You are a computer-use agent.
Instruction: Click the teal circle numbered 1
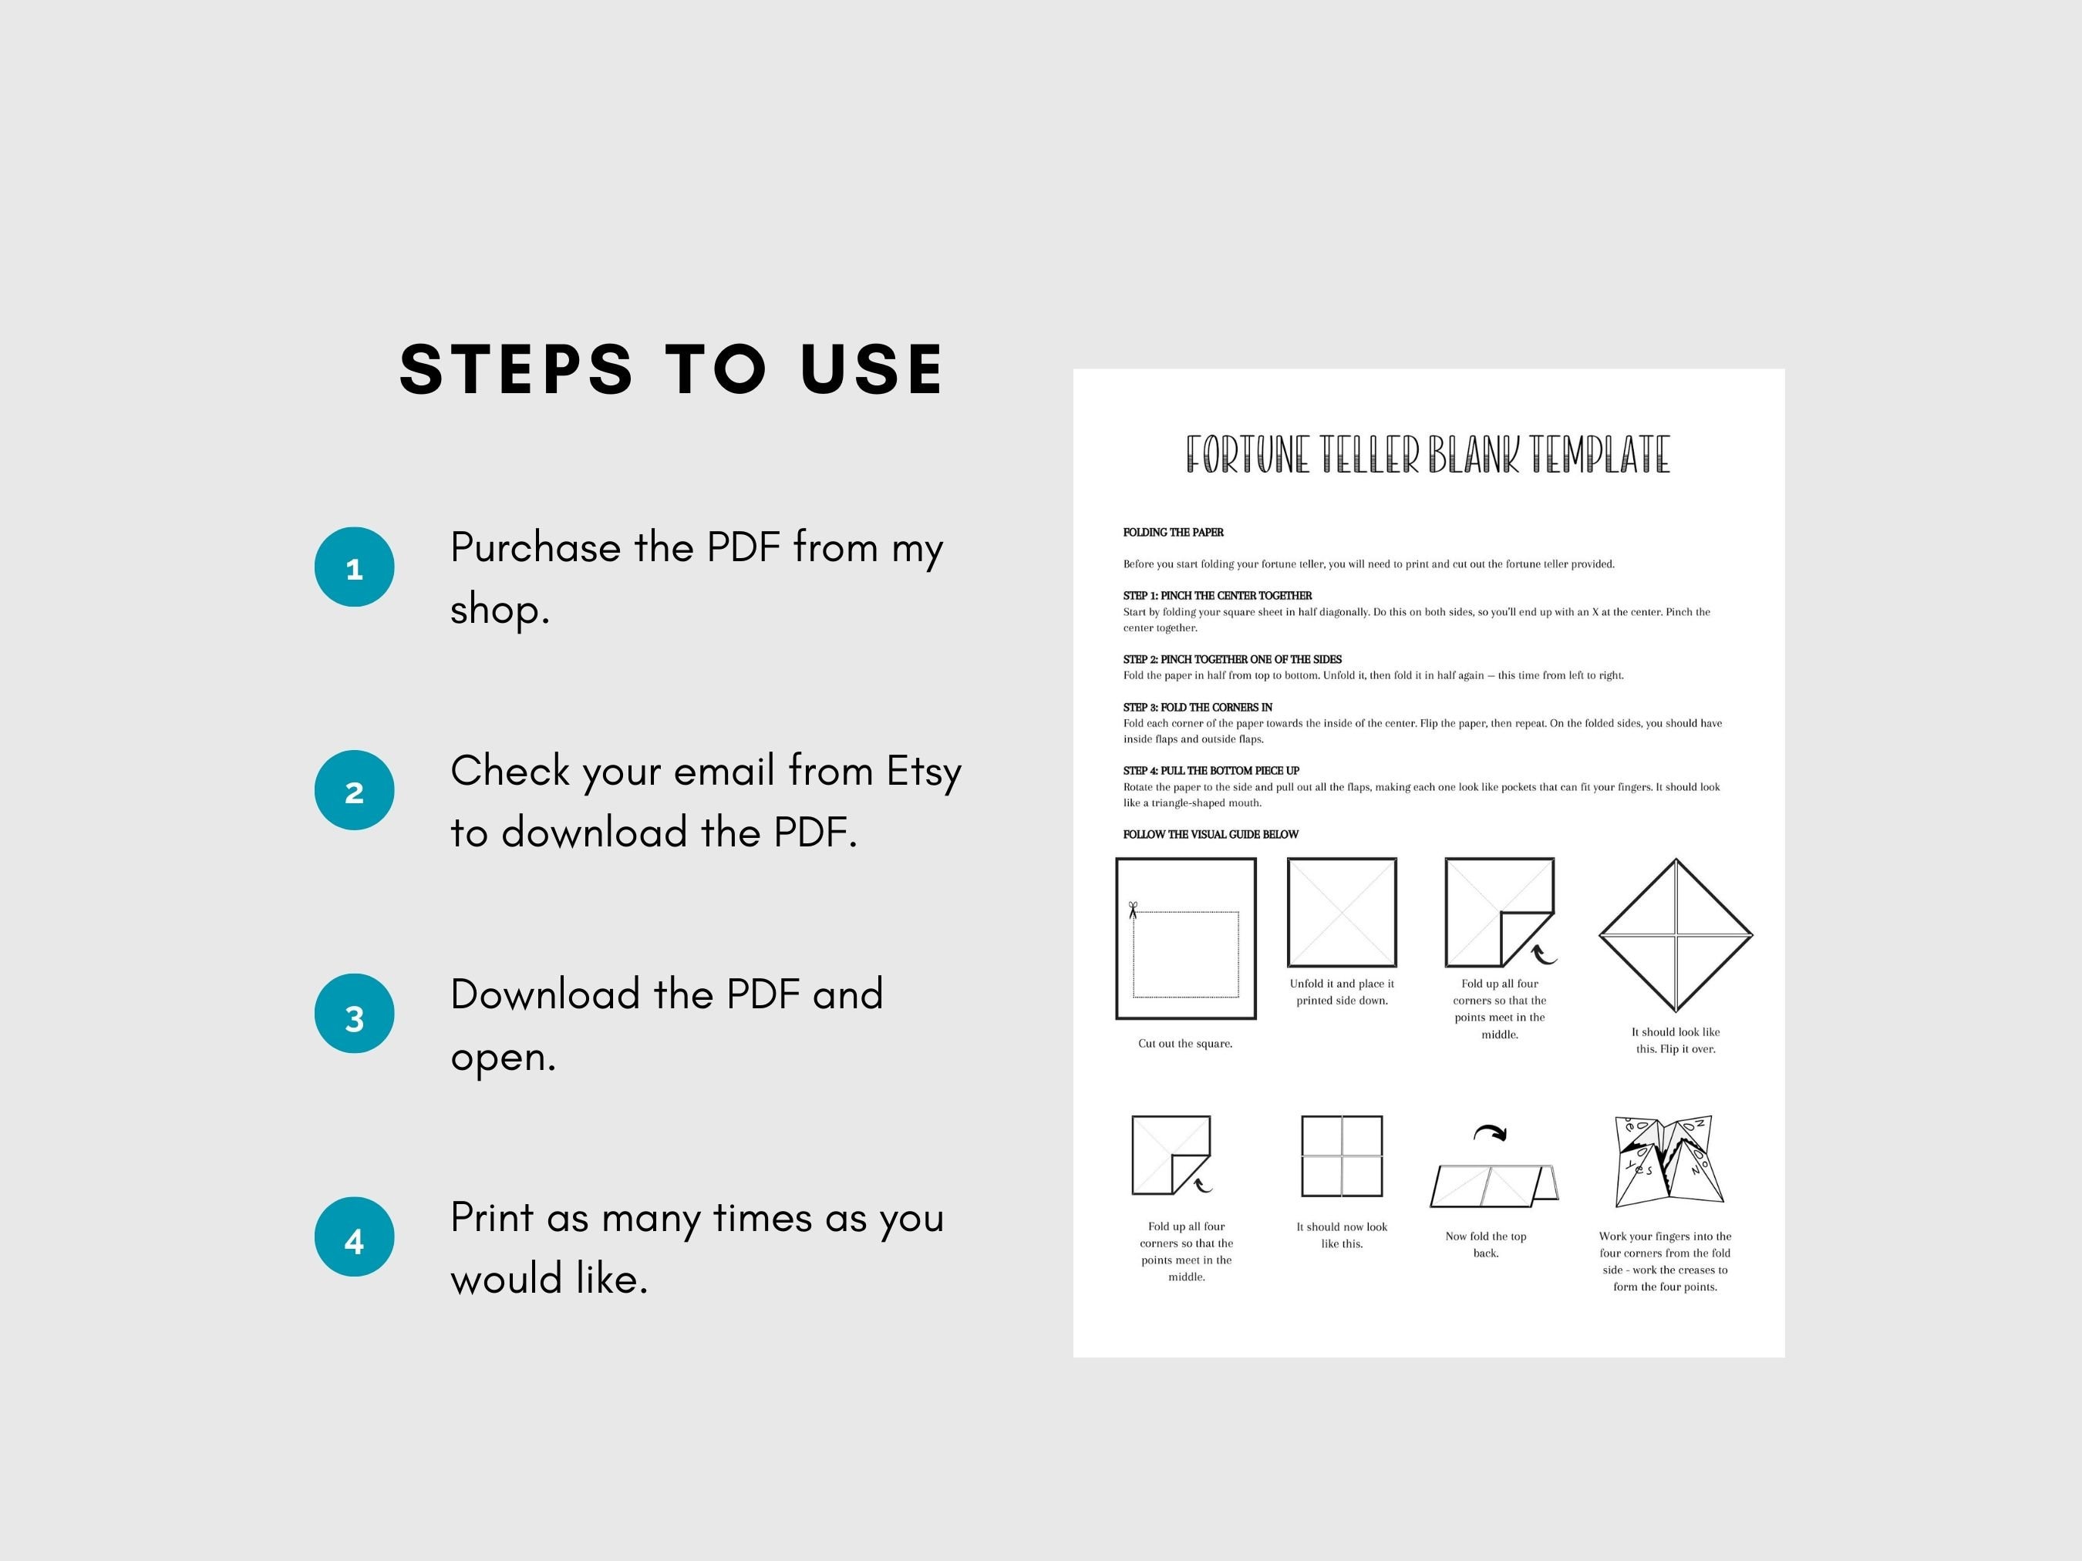coord(354,567)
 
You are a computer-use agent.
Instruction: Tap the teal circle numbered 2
coord(354,790)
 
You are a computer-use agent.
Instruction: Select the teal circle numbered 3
coord(354,1014)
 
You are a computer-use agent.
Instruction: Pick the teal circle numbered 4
coord(354,1236)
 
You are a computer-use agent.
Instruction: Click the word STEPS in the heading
coord(516,368)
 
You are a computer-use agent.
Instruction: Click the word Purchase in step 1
coord(534,547)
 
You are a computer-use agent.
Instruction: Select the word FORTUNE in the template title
coord(1246,455)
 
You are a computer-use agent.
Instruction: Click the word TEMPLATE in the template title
coord(1599,455)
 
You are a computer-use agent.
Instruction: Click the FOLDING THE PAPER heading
coord(1173,533)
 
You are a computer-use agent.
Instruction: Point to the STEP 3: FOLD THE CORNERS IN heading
coord(1198,708)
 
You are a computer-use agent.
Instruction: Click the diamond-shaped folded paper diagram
coord(1676,935)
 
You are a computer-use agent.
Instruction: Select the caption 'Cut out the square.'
coord(1185,1044)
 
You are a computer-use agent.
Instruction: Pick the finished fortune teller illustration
coord(1668,1161)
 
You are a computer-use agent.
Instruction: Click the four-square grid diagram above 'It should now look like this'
coord(1341,1156)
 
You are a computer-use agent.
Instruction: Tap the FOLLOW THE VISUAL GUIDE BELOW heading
coord(1211,835)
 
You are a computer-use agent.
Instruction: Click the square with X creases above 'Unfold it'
coord(1341,912)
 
